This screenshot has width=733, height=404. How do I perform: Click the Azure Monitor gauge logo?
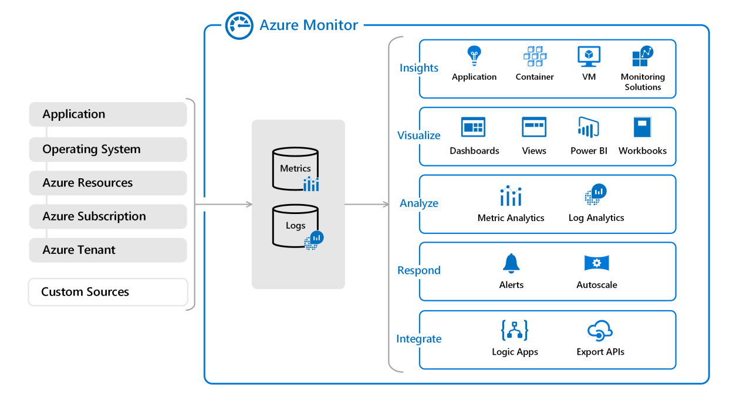point(239,26)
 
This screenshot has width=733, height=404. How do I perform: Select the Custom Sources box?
point(108,292)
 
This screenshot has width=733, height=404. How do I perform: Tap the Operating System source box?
point(108,150)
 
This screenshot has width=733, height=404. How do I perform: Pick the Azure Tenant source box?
point(108,250)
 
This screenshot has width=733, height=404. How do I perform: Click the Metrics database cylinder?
point(295,169)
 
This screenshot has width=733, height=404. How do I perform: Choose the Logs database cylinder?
point(295,226)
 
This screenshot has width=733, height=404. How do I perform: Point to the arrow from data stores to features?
point(367,204)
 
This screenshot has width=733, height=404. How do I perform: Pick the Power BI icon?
point(588,127)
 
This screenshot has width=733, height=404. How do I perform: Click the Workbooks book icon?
point(642,127)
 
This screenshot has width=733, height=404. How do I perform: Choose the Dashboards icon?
point(474,127)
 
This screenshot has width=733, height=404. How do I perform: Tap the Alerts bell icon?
point(511,263)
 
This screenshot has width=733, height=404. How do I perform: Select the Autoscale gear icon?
point(596,263)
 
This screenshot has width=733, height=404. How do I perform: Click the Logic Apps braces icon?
point(515,331)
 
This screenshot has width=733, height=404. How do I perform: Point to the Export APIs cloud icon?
point(600,331)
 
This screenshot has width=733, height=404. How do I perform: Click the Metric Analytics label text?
point(511,218)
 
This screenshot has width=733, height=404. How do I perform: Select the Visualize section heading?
point(418,135)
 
